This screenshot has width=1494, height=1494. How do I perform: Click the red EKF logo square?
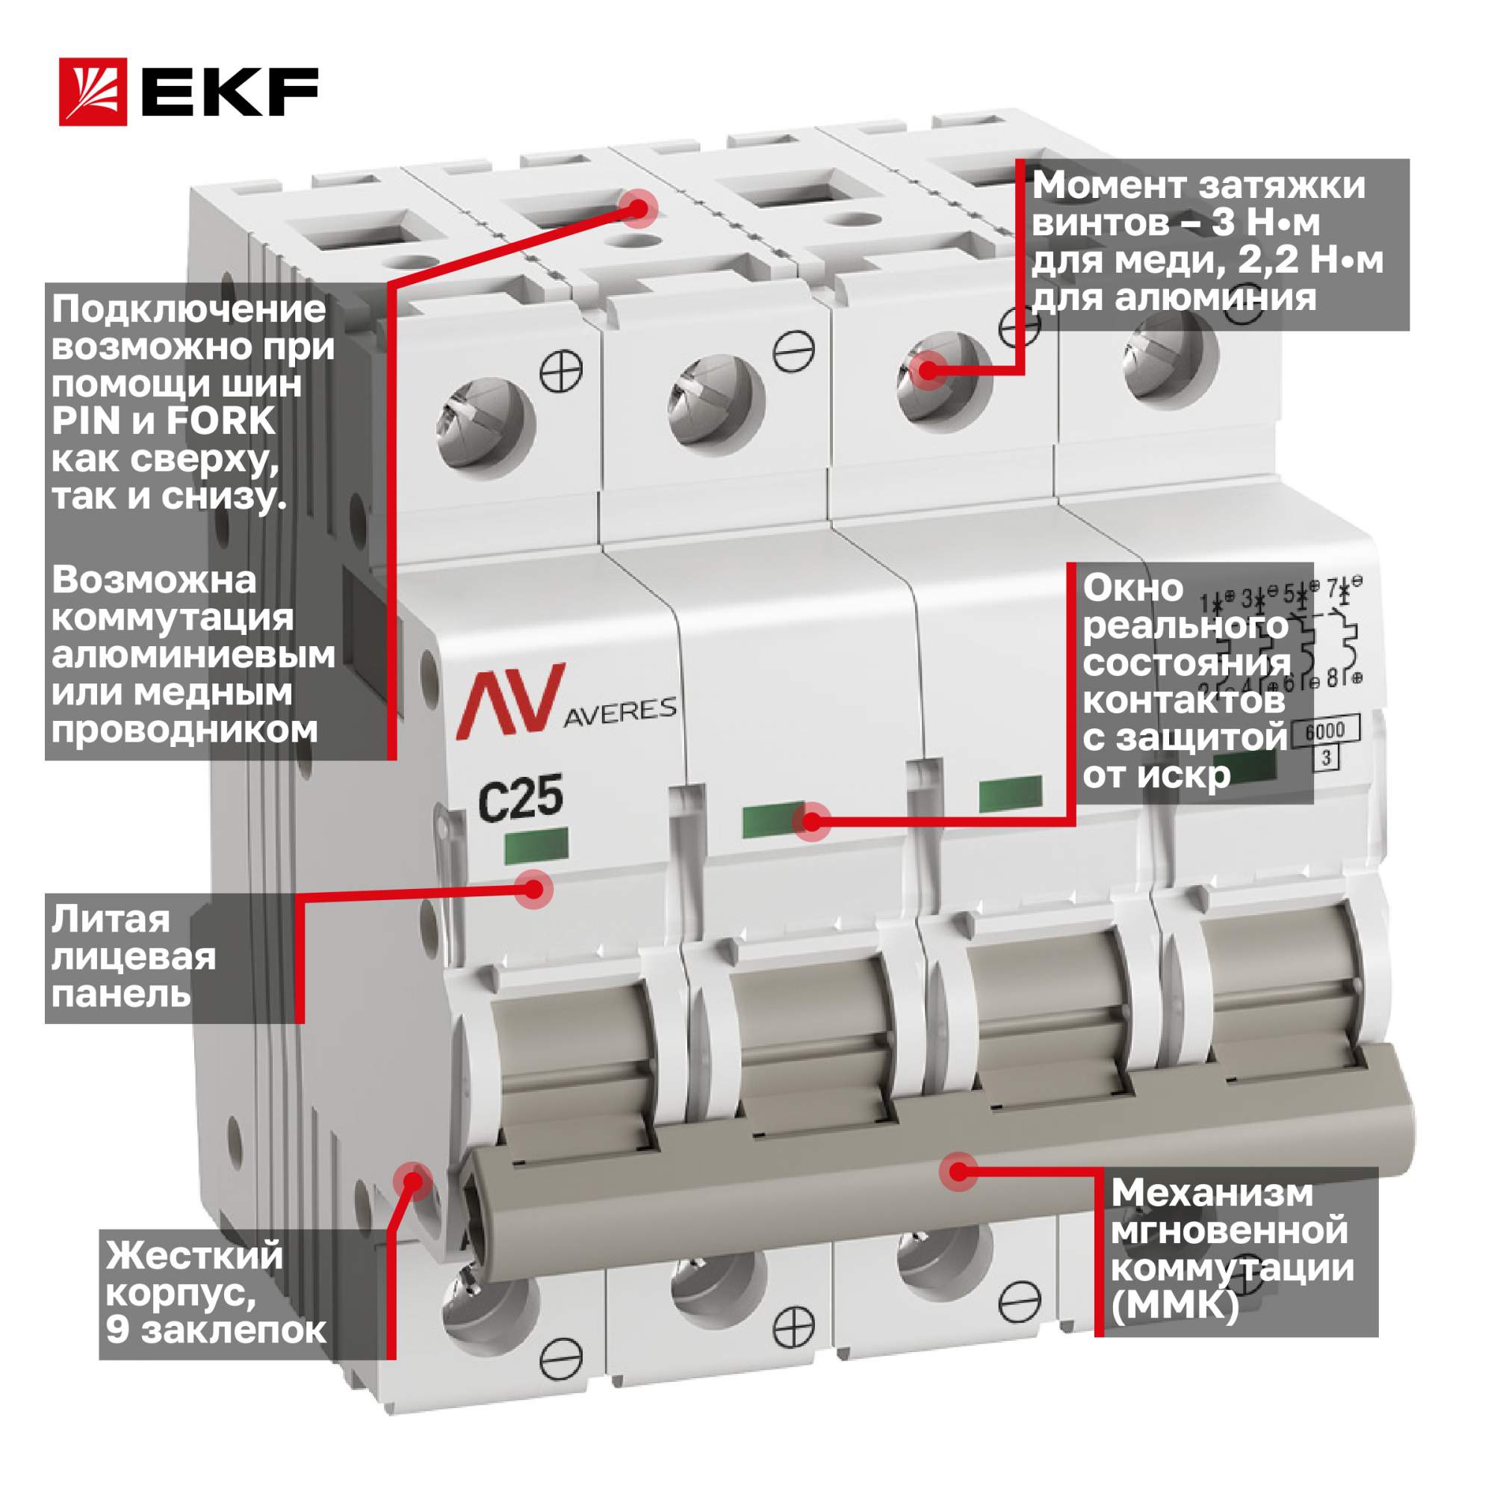[x=93, y=92]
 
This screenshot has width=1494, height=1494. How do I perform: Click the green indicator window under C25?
[x=536, y=845]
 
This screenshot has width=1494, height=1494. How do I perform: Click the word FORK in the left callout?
[x=220, y=421]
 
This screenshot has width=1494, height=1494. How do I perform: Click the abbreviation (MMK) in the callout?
[x=1174, y=1306]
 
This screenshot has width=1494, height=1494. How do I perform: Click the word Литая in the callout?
[x=111, y=920]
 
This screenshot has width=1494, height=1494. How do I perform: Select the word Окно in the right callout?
[x=1133, y=588]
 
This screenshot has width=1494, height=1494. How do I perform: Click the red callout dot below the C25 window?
[x=534, y=888]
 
